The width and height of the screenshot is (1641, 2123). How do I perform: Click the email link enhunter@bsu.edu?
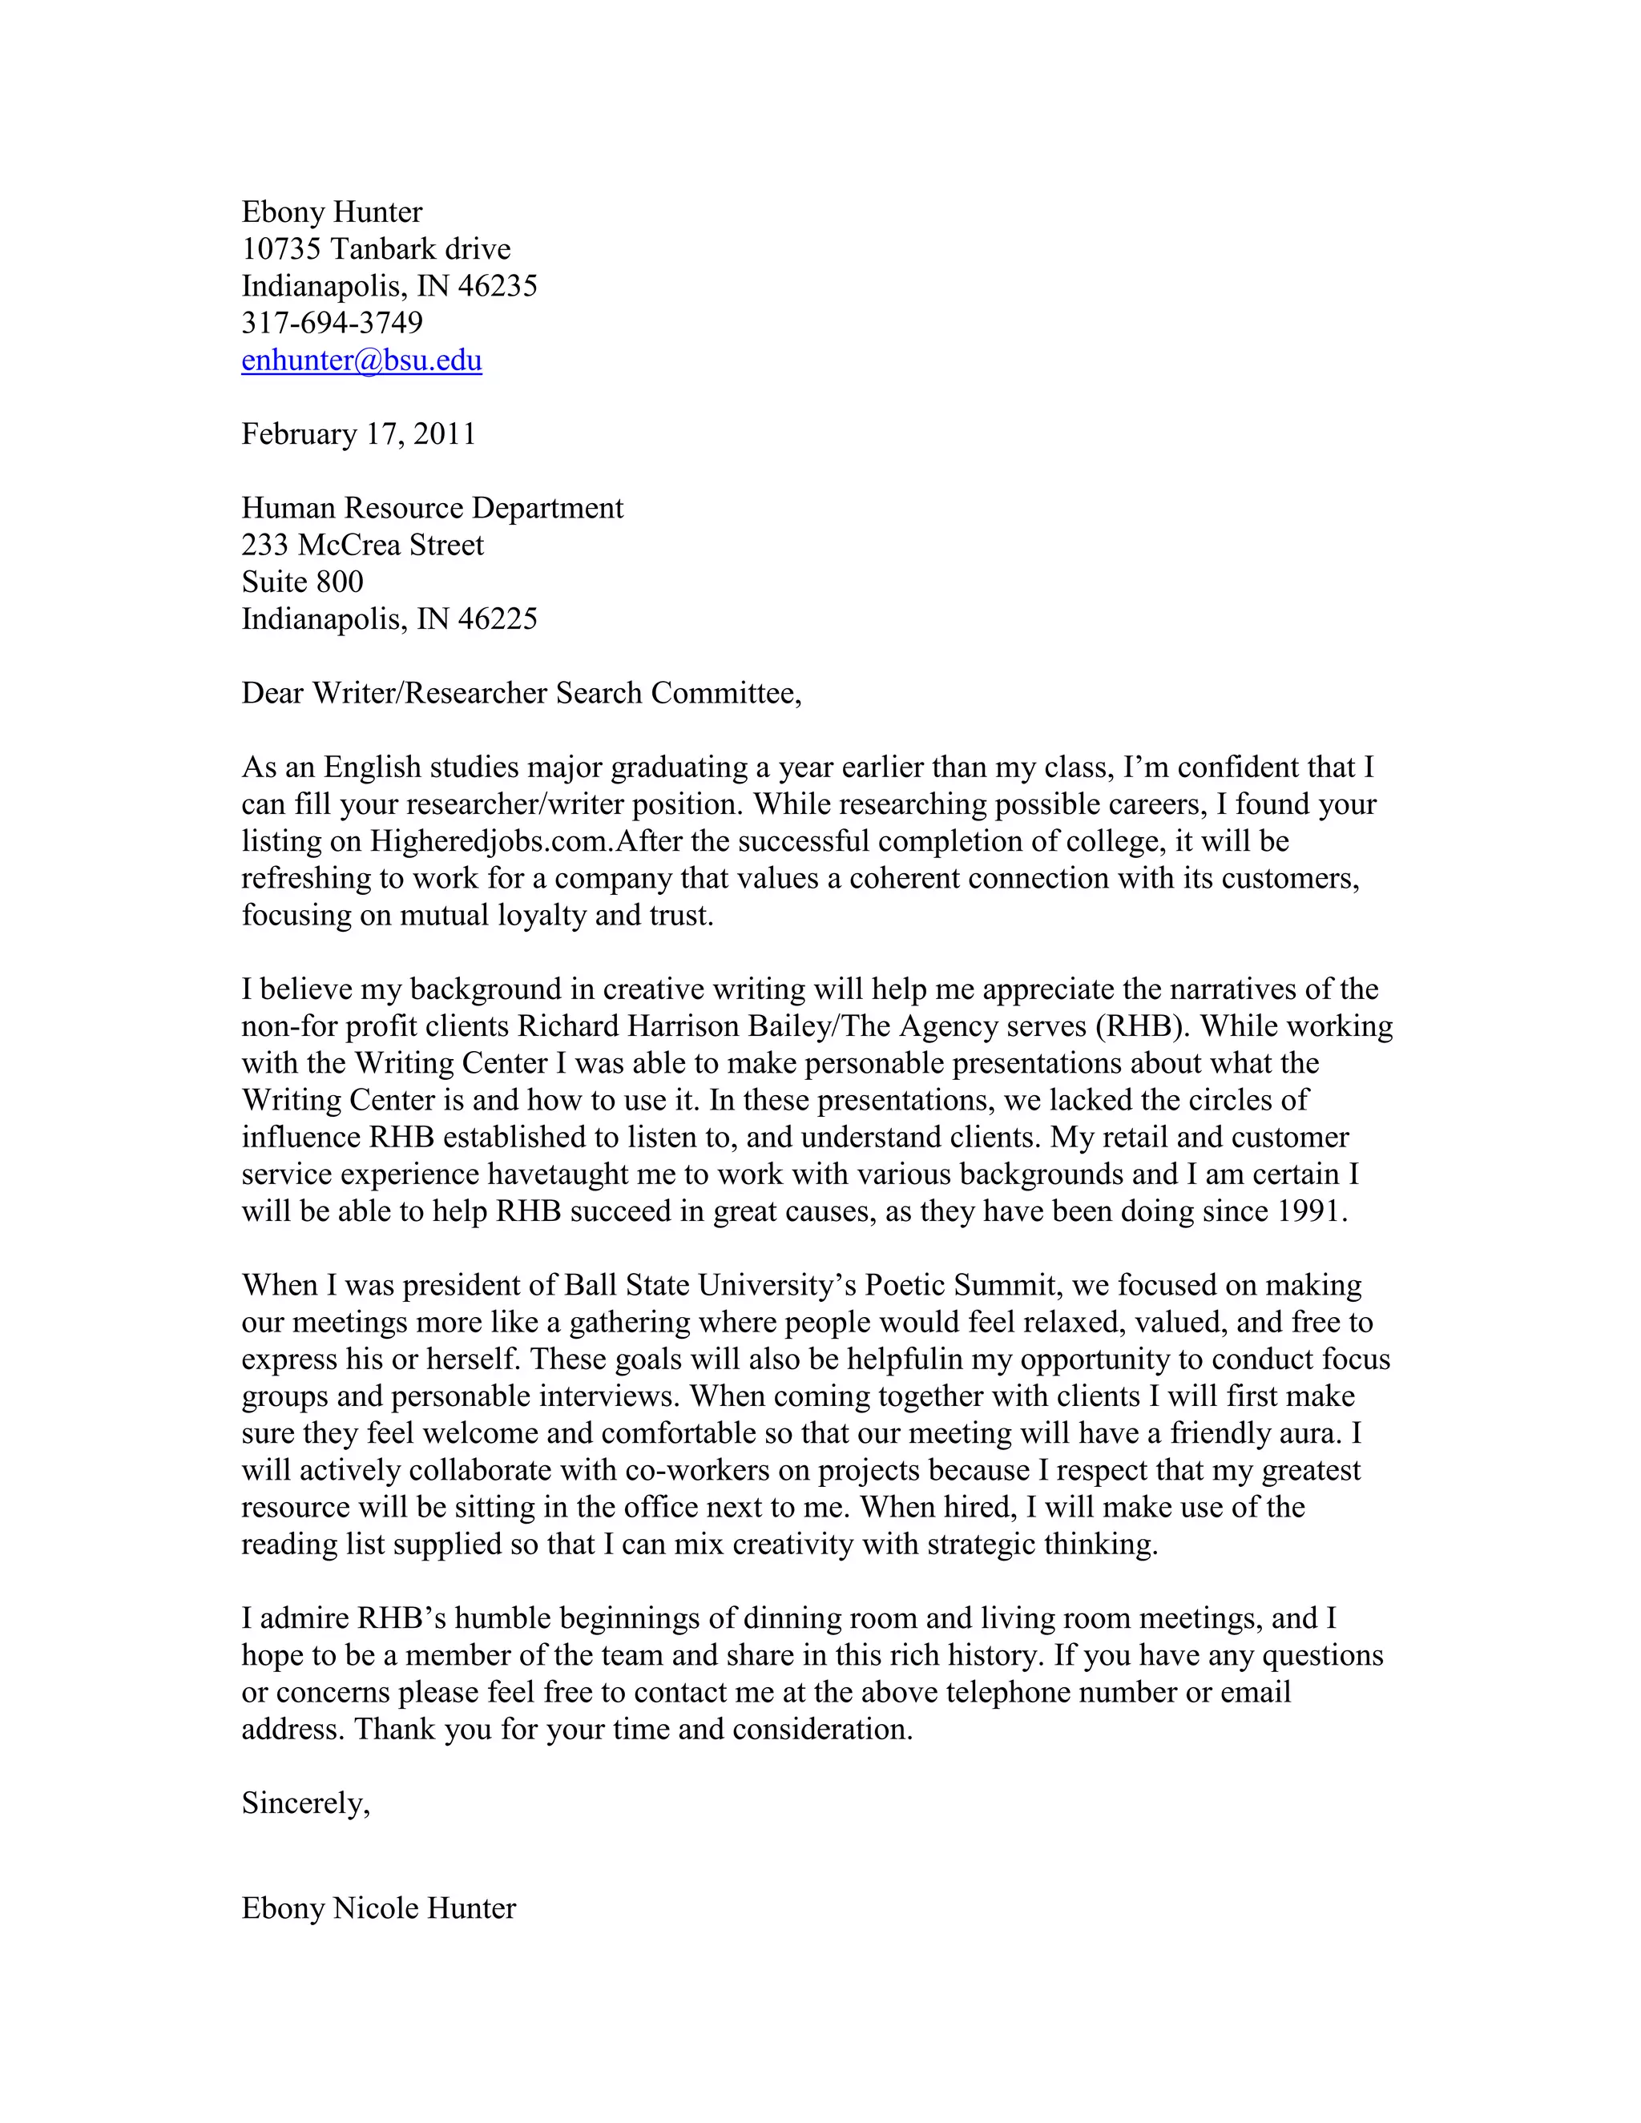[361, 361]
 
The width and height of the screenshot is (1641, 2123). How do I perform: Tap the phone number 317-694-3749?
[332, 323]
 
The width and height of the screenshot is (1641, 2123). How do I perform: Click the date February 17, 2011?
[359, 433]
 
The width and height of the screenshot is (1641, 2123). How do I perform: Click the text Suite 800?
[302, 582]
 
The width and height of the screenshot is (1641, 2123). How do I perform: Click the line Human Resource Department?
[433, 509]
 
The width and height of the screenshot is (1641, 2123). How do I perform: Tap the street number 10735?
[281, 249]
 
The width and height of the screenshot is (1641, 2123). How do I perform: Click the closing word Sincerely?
[304, 1804]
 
